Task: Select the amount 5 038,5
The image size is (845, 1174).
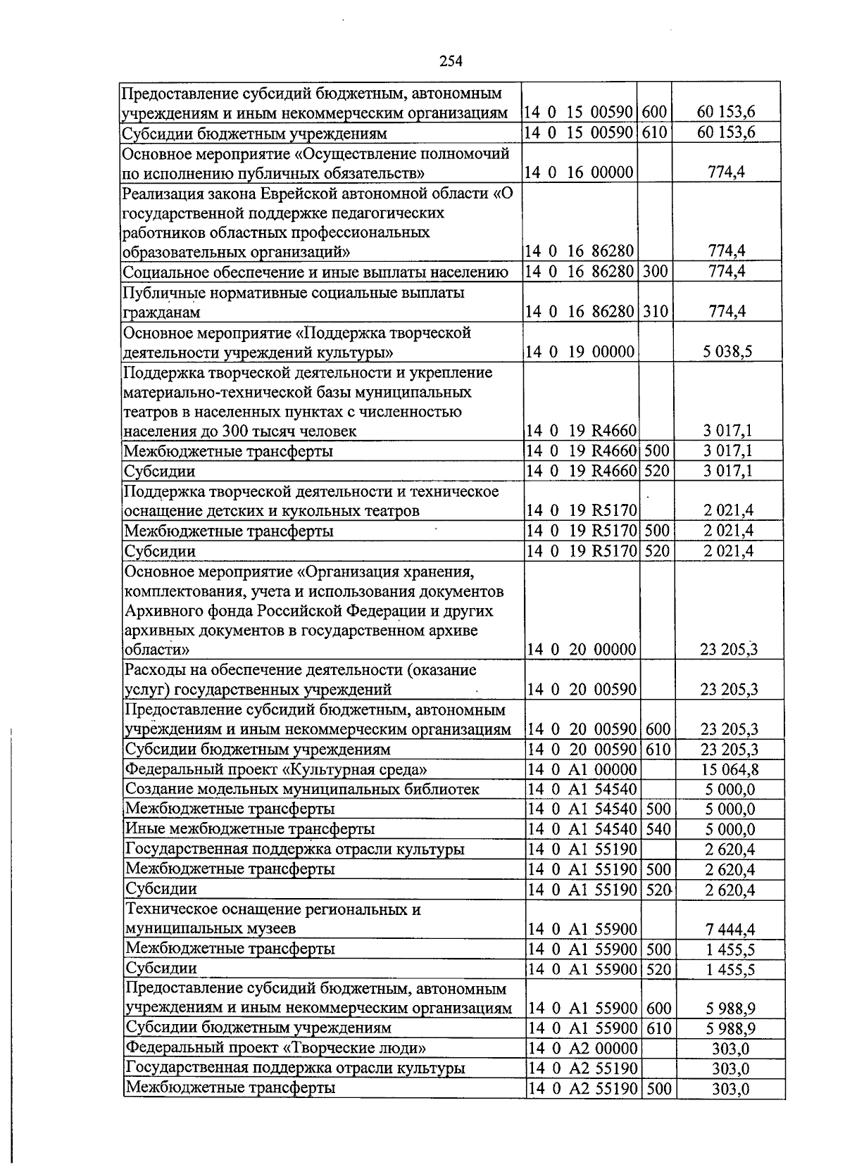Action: [x=727, y=352]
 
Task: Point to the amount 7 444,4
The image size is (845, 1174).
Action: [x=730, y=929]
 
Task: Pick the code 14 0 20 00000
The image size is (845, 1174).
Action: [x=581, y=650]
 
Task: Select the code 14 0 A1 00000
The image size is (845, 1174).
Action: [x=582, y=769]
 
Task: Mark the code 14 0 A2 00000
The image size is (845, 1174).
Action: [x=582, y=1049]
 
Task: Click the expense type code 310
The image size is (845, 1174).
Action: [x=655, y=312]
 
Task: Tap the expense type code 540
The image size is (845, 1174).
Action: [x=657, y=829]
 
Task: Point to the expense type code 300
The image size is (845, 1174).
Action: [x=655, y=272]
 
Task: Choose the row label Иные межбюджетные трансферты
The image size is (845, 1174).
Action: [x=250, y=829]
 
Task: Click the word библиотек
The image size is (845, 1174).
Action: [x=444, y=789]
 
